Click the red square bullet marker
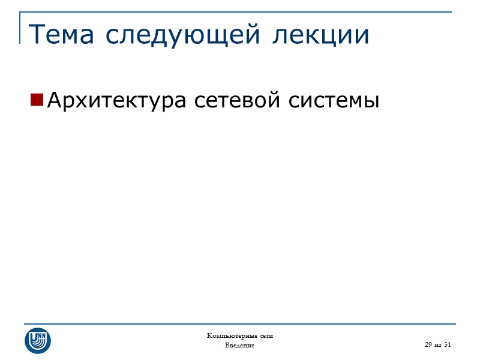point(37,99)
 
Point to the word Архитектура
point(117,100)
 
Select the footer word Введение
point(240,346)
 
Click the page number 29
point(428,344)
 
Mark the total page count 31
point(447,344)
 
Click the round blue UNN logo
point(38,340)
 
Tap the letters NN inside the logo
point(43,335)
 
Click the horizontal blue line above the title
point(240,12)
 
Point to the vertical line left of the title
point(20,27)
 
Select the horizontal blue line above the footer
point(240,322)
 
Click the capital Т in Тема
point(36,34)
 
